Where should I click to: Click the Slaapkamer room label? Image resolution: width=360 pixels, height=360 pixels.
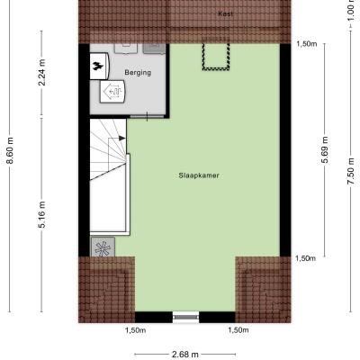point(199,175)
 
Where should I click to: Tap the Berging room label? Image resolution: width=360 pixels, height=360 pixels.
point(138,73)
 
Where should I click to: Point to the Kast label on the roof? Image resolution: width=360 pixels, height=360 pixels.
point(225,13)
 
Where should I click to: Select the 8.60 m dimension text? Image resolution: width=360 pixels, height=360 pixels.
point(10,150)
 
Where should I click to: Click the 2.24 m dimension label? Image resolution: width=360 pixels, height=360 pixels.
point(42,73)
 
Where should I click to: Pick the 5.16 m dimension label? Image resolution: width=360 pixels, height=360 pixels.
point(42,214)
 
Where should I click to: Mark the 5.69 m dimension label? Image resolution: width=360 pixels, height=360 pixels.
point(325,149)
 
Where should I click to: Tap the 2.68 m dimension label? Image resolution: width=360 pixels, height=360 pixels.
point(185,355)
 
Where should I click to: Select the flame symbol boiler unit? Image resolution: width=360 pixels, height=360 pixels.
point(99,67)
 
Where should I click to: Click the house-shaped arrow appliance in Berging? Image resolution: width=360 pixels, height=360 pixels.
point(112,92)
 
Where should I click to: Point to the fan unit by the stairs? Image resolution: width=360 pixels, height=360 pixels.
point(103,247)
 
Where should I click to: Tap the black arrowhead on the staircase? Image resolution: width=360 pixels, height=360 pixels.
point(121,138)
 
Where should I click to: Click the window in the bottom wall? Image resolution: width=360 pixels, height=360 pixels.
point(186,317)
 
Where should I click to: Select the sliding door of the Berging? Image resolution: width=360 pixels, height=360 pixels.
point(147,116)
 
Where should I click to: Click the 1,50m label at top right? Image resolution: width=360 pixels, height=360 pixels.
point(307,44)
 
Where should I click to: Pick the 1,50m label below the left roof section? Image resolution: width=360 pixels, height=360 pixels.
point(135,330)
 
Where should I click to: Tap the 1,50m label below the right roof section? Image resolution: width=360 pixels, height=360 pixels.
point(238,330)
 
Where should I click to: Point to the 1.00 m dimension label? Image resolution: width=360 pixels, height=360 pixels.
point(351,10)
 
